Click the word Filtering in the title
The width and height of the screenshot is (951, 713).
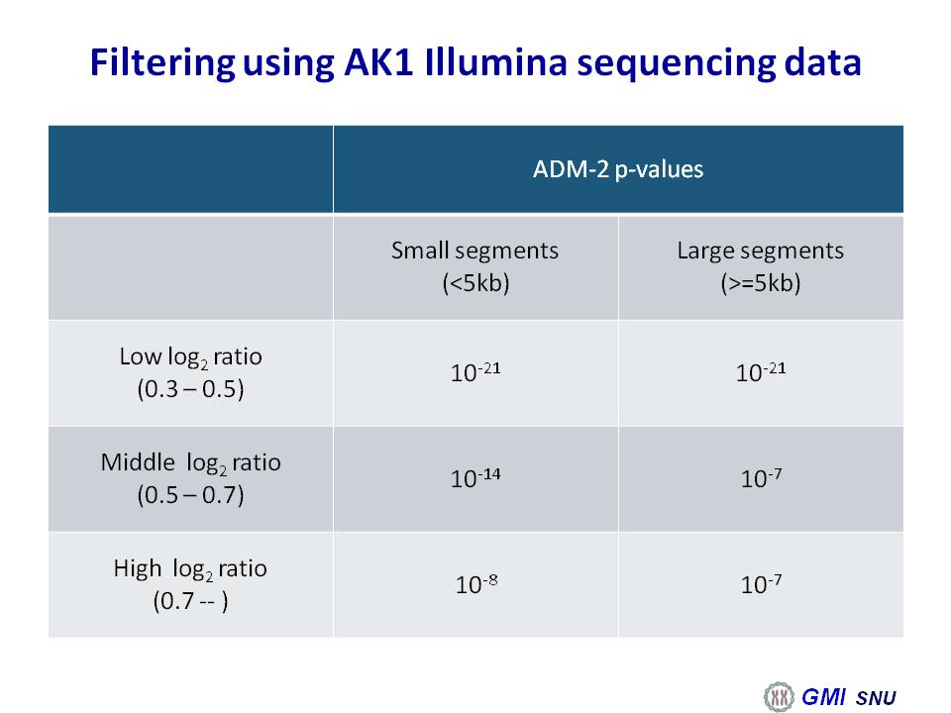click(161, 61)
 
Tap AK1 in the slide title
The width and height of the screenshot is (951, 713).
click(378, 61)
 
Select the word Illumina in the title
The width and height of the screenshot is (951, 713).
click(495, 61)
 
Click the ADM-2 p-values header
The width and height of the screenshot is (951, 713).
click(618, 169)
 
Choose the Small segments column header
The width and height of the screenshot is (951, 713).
click(475, 251)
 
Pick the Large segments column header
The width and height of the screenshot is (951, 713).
click(761, 251)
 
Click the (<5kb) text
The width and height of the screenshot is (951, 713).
click(475, 283)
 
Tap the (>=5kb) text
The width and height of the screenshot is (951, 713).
click(761, 283)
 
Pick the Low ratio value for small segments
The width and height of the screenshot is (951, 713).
click(475, 371)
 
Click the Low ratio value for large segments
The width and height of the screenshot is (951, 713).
click(761, 371)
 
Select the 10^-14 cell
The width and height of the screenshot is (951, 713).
click(475, 477)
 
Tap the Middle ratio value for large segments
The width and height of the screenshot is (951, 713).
click(761, 477)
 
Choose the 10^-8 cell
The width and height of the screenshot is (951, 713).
click(476, 584)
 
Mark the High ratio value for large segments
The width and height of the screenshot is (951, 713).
click(761, 584)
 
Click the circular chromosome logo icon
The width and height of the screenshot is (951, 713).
click(779, 696)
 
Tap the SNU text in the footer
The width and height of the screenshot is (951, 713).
click(876, 698)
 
